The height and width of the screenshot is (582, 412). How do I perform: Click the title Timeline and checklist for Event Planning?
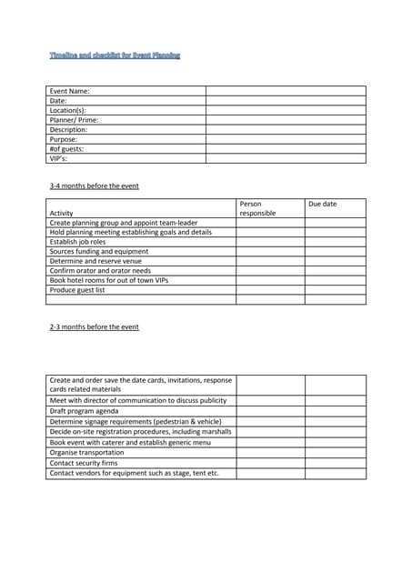pos(115,55)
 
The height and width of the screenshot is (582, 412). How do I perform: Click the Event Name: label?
pos(69,91)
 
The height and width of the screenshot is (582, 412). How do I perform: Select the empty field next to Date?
pos(285,100)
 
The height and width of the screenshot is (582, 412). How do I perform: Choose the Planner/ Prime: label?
pos(74,120)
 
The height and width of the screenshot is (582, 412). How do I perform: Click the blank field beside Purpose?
pos(285,139)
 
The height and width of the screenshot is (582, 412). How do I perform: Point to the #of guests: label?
pos(66,149)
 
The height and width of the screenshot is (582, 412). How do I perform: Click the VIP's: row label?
pos(58,158)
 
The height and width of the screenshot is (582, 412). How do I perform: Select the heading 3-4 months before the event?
pos(94,186)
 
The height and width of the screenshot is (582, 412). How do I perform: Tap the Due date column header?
pos(322,204)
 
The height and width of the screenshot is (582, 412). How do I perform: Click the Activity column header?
pos(62,213)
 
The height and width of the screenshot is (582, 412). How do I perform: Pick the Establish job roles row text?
pos(77,242)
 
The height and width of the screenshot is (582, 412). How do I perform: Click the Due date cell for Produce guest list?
pos(335,289)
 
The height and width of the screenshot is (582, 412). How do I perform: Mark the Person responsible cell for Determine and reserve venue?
pos(270,261)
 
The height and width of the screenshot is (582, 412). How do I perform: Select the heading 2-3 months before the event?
pos(94,326)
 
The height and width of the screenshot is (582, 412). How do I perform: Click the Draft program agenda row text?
pos(84,410)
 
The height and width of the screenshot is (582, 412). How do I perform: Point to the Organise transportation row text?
pos(86,452)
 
